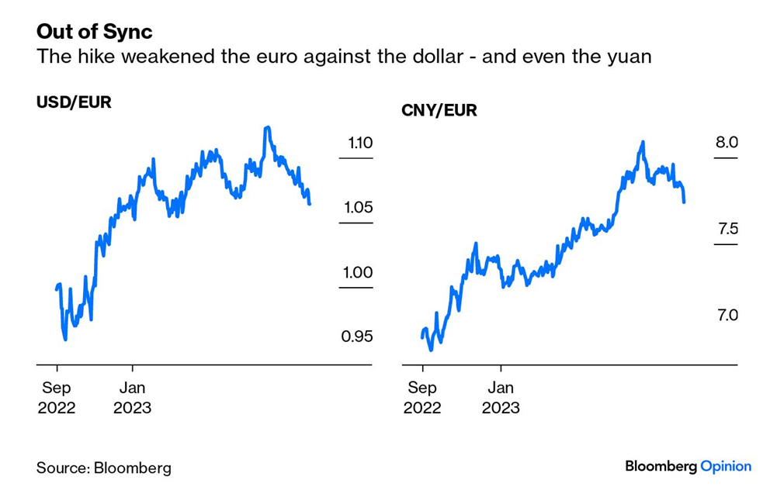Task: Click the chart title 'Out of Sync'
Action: point(95,32)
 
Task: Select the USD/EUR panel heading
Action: point(75,102)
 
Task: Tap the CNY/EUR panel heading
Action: point(439,110)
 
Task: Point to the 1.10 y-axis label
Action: point(360,143)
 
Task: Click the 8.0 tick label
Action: point(726,143)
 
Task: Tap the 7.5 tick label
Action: point(726,229)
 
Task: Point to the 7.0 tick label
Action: point(726,316)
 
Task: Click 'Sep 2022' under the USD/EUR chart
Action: point(57,398)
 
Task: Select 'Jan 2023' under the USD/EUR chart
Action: point(132,398)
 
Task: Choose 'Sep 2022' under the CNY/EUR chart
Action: point(422,398)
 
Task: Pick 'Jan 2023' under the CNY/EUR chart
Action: point(501,398)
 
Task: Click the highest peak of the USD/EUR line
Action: point(267,127)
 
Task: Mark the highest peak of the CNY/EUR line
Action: point(643,143)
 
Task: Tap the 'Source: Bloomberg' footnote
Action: point(104,468)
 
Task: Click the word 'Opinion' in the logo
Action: point(726,466)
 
